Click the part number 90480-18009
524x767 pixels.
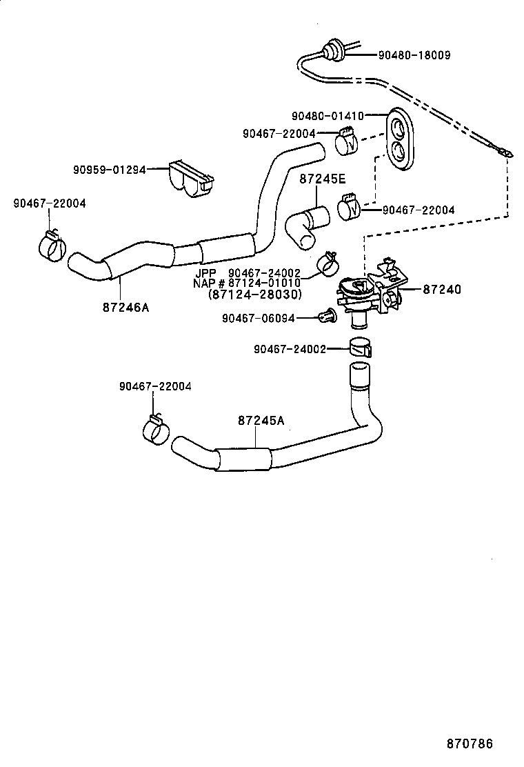pos(413,54)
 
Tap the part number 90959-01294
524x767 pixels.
pos(110,168)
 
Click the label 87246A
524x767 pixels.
pos(125,308)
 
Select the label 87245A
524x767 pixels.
pos(261,420)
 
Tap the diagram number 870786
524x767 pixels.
pos(469,744)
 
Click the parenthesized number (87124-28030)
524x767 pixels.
pos(254,294)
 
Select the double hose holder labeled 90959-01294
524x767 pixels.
pos(188,176)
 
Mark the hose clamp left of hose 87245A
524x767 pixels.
pos(156,428)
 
